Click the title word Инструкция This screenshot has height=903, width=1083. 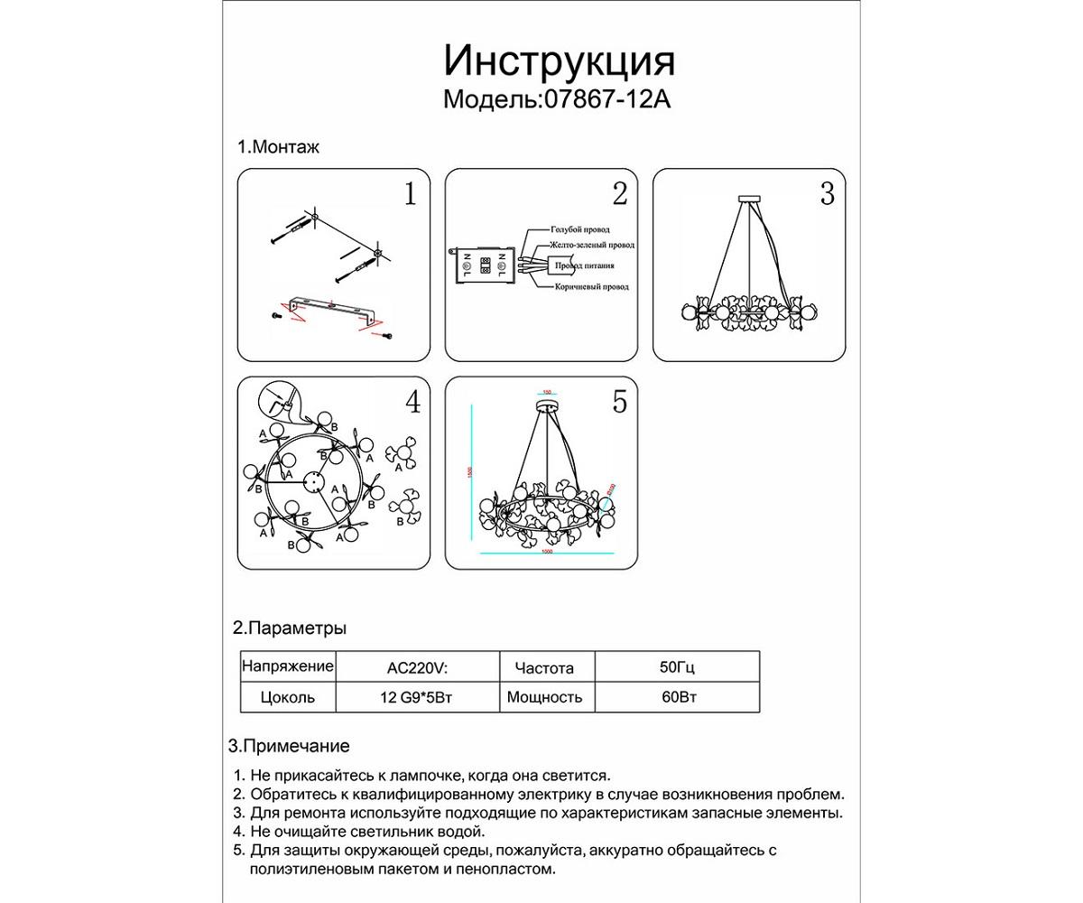(x=560, y=61)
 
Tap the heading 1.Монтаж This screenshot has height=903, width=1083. (x=278, y=147)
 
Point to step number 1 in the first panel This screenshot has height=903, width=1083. (x=411, y=194)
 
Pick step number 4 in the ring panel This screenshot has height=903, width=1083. (x=412, y=402)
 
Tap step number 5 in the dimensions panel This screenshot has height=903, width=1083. (x=619, y=402)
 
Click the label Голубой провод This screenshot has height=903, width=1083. (x=580, y=230)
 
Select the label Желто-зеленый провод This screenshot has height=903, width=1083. (x=593, y=245)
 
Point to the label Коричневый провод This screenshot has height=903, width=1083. (x=592, y=286)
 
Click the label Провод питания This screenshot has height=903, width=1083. (x=585, y=266)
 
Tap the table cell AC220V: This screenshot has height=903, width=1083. (x=417, y=669)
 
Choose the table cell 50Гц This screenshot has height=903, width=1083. (x=677, y=669)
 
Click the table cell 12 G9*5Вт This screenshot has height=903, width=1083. (x=417, y=697)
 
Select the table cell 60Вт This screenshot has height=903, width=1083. (x=677, y=697)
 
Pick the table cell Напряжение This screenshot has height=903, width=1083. (x=287, y=667)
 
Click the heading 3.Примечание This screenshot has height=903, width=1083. (x=289, y=747)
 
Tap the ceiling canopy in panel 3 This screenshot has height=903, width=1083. (x=750, y=199)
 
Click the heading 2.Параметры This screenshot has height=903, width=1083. (x=290, y=628)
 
